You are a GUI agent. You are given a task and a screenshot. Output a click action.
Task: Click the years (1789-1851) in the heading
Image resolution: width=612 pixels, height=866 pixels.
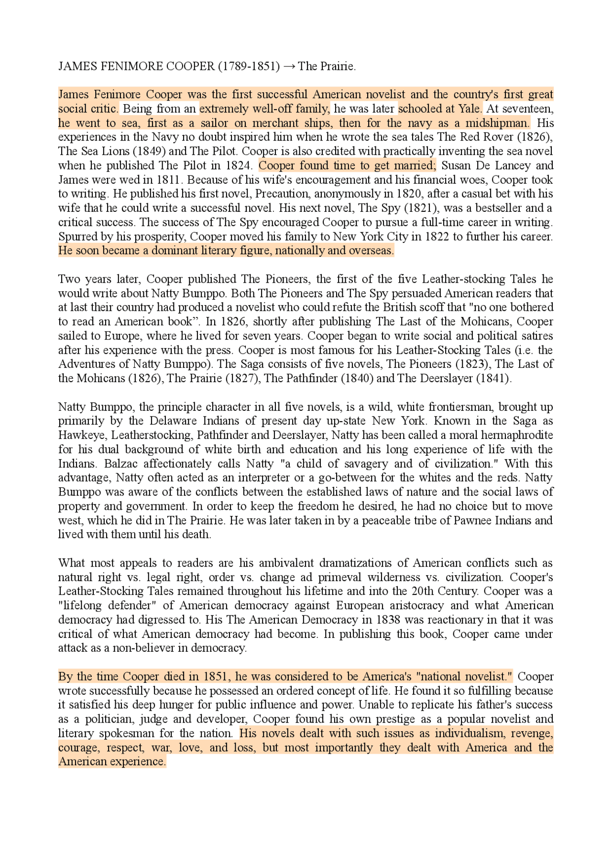[x=249, y=66]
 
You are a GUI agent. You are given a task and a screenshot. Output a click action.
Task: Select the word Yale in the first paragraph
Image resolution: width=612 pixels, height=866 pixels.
[x=470, y=109]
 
